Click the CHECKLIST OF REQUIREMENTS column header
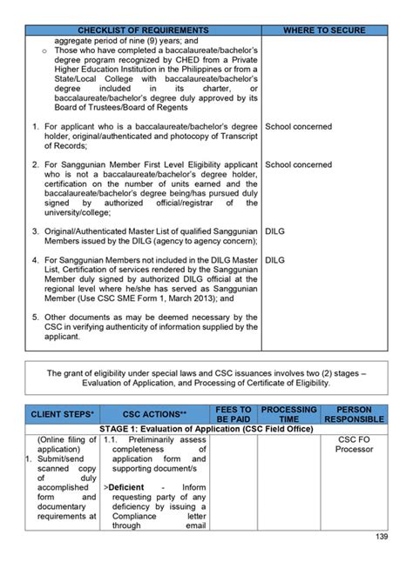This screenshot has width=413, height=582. tap(143, 30)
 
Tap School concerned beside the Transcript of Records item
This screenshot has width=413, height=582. tap(298, 126)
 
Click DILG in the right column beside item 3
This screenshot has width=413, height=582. tap(274, 232)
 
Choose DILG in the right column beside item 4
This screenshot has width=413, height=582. tap(274, 259)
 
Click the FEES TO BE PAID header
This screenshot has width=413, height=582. tap(233, 415)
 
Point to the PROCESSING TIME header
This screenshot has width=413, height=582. tap(288, 415)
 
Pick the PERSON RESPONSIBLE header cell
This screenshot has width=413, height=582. tap(354, 415)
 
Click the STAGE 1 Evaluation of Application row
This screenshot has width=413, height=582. tap(206, 429)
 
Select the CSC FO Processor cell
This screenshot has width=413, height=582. tap(354, 445)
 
